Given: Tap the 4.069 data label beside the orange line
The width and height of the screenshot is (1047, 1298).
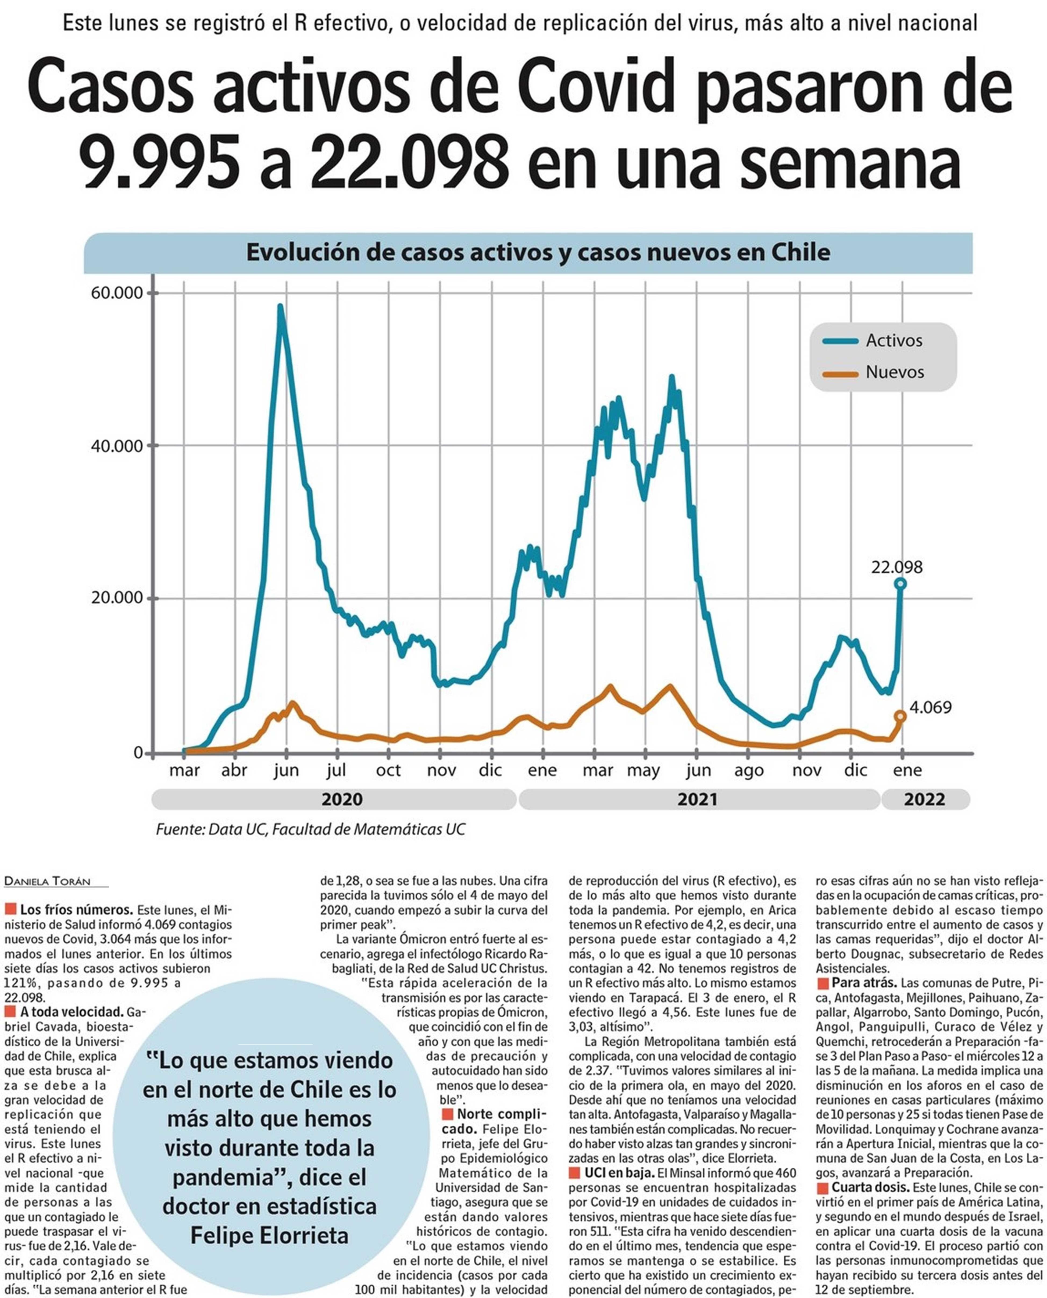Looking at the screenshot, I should [x=930, y=708].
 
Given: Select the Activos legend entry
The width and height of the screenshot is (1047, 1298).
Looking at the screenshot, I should [x=894, y=341].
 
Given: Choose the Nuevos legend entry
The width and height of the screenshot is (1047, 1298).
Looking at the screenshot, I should [x=894, y=372].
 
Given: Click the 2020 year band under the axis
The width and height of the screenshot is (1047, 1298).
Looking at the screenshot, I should [x=342, y=800].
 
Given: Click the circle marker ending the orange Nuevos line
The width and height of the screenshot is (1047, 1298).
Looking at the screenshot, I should [x=901, y=716].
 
